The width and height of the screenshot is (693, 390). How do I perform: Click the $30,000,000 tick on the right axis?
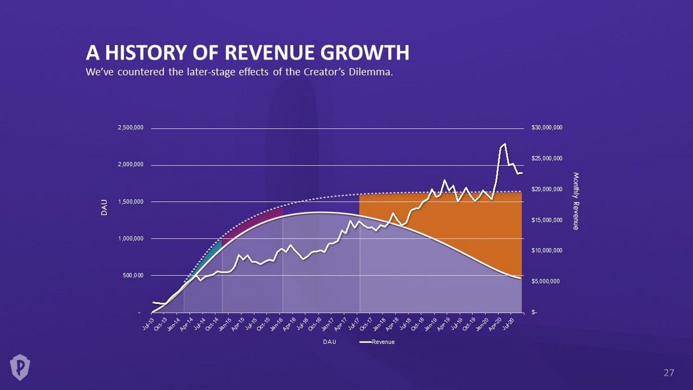click(547, 128)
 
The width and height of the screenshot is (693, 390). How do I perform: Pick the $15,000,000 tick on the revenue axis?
click(547, 220)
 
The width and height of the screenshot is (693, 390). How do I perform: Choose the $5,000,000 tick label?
click(545, 281)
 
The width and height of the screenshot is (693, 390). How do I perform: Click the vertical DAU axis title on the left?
click(105, 210)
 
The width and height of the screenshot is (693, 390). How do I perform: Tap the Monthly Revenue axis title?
click(575, 200)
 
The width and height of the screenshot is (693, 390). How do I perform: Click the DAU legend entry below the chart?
click(329, 342)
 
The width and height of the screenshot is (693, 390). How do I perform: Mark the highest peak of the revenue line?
click(505, 144)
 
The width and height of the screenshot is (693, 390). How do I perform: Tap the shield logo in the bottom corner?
click(20, 366)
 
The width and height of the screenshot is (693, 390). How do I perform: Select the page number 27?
click(668, 373)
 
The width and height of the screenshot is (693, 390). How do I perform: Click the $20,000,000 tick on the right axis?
click(547, 190)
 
